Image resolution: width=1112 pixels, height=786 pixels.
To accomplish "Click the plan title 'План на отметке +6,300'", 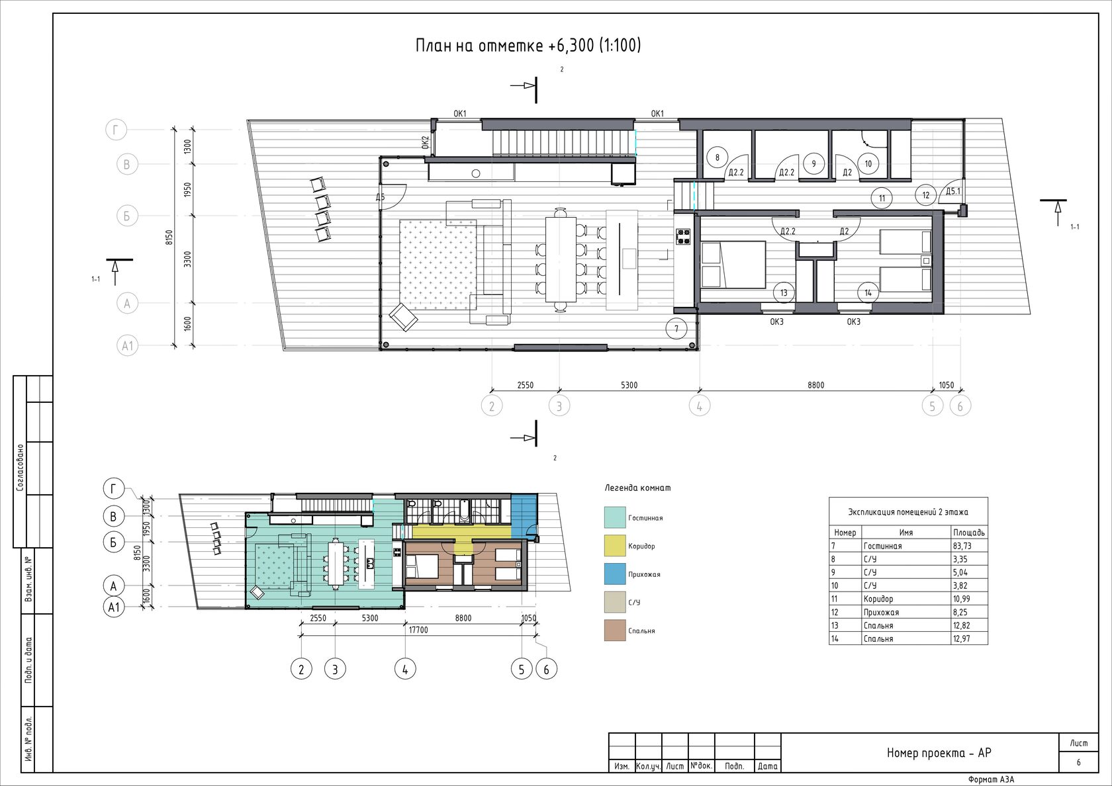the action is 506,46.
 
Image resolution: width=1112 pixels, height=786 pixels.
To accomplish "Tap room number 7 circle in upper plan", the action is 676,328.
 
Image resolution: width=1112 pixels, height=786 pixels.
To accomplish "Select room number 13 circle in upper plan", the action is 784,292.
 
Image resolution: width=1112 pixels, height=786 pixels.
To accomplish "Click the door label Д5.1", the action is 953,191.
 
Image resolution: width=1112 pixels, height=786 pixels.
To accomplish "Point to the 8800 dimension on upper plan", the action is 816,385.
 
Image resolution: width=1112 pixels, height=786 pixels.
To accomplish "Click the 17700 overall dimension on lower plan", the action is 418,630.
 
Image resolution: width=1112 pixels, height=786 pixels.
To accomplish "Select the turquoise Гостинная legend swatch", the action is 614,517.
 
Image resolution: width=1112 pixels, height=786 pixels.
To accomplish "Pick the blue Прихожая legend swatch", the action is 614,574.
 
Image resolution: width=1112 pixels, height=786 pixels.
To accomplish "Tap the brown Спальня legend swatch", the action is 614,631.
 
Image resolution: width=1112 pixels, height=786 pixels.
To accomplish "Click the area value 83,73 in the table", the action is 962,546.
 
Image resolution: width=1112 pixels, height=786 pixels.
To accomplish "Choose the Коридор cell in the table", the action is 878,599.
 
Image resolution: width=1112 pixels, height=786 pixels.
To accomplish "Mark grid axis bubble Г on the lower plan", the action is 113,490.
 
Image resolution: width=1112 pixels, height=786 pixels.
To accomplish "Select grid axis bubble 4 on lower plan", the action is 405,670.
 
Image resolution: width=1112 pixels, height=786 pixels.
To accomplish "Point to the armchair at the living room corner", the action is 404,317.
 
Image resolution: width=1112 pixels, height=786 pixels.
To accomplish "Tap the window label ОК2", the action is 426,142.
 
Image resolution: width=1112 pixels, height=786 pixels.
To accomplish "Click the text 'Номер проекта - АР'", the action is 939,753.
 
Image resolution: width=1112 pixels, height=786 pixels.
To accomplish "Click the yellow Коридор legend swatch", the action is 614,546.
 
